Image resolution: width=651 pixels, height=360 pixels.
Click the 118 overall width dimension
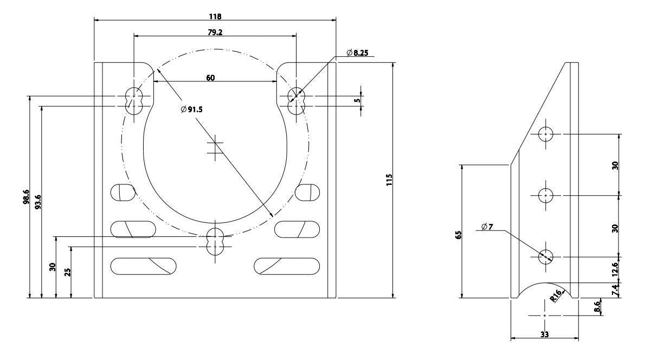pyautogui.click(x=215, y=17)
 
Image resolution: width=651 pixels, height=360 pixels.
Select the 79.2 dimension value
pyautogui.click(x=215, y=33)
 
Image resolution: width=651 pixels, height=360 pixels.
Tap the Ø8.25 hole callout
pyautogui.click(x=357, y=53)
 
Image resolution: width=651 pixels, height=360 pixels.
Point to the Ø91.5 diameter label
pyautogui.click(x=191, y=110)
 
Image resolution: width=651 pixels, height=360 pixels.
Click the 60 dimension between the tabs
pyautogui.click(x=210, y=78)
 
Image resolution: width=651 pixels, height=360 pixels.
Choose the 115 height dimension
pyautogui.click(x=389, y=180)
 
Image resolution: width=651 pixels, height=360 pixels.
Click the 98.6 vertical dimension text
pyautogui.click(x=26, y=197)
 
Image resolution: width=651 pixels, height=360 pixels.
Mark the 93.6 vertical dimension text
pyautogui.click(x=38, y=202)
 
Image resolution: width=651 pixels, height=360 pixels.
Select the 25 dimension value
pyautogui.click(x=67, y=272)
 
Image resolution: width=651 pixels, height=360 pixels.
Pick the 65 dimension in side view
pyautogui.click(x=459, y=235)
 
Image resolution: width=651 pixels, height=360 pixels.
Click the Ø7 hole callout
pyautogui.click(x=487, y=227)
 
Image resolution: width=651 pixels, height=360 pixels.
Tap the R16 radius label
pyautogui.click(x=556, y=295)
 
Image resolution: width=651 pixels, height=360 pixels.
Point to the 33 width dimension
pyautogui.click(x=545, y=335)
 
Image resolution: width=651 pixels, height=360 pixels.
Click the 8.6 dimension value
pyautogui.click(x=597, y=307)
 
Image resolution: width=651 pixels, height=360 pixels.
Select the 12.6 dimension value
pyautogui.click(x=615, y=269)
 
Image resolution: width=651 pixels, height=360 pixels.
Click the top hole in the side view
pyautogui.click(x=545, y=134)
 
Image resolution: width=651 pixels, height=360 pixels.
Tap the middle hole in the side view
pyautogui.click(x=545, y=195)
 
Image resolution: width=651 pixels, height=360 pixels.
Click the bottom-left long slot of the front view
pyautogui.click(x=143, y=266)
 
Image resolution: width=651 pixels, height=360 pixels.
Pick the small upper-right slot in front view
pyautogui.click(x=307, y=192)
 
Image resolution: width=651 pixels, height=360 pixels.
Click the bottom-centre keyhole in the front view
pyautogui.click(x=215, y=242)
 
